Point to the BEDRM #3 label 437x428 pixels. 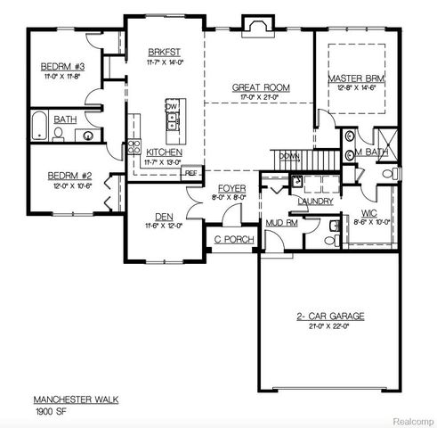pos(61,68)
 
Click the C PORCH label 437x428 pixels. pos(234,240)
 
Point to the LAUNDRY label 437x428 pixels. pos(315,202)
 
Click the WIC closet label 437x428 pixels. pos(369,214)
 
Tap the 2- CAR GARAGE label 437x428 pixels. pos(330,317)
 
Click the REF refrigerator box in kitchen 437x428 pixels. pos(191,173)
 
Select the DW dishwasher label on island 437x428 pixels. pos(171,106)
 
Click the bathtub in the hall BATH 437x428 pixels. pos(41,128)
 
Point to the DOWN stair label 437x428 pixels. pos(288,155)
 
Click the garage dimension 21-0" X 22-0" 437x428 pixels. pos(330,327)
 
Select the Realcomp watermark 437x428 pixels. pos(410,419)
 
